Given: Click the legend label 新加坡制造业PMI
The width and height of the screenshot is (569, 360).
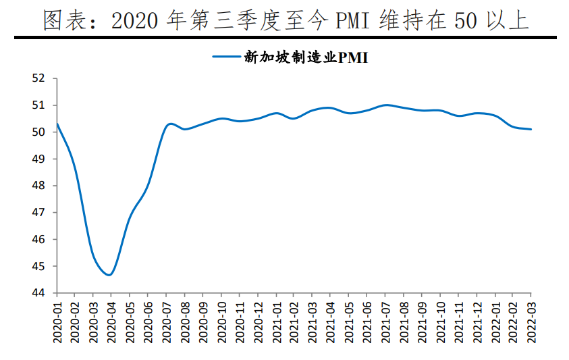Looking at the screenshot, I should point(305,57).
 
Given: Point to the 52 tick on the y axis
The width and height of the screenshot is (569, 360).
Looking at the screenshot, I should point(38,78).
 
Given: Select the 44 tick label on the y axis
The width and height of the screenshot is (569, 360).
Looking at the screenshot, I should point(38,293).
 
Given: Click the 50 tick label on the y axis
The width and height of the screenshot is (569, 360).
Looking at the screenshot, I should point(38,132).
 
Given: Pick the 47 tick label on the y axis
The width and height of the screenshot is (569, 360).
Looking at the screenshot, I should point(38,213).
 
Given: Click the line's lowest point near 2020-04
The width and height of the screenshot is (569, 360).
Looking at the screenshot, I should point(109,275).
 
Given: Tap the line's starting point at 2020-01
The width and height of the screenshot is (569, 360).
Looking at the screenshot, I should point(57,124).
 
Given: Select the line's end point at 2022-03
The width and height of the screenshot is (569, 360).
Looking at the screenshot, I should point(531,129).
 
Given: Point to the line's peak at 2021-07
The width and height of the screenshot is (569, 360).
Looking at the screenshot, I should point(385,105).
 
